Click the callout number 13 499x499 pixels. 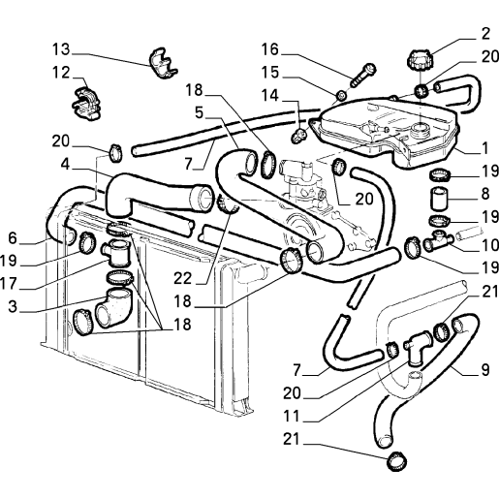61,49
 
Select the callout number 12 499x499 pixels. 61,73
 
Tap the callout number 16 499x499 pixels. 269,49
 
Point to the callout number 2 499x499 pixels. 485,34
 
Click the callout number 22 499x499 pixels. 182,278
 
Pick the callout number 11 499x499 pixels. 292,417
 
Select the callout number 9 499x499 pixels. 485,370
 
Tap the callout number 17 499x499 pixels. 9,284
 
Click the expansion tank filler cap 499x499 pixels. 420,60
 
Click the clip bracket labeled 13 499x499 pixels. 162,63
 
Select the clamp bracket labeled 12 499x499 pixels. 86,103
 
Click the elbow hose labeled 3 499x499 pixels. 113,308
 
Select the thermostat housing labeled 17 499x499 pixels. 116,253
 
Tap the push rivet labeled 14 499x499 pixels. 299,136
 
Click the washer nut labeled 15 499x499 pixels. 341,96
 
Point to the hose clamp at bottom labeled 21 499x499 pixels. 396,461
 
